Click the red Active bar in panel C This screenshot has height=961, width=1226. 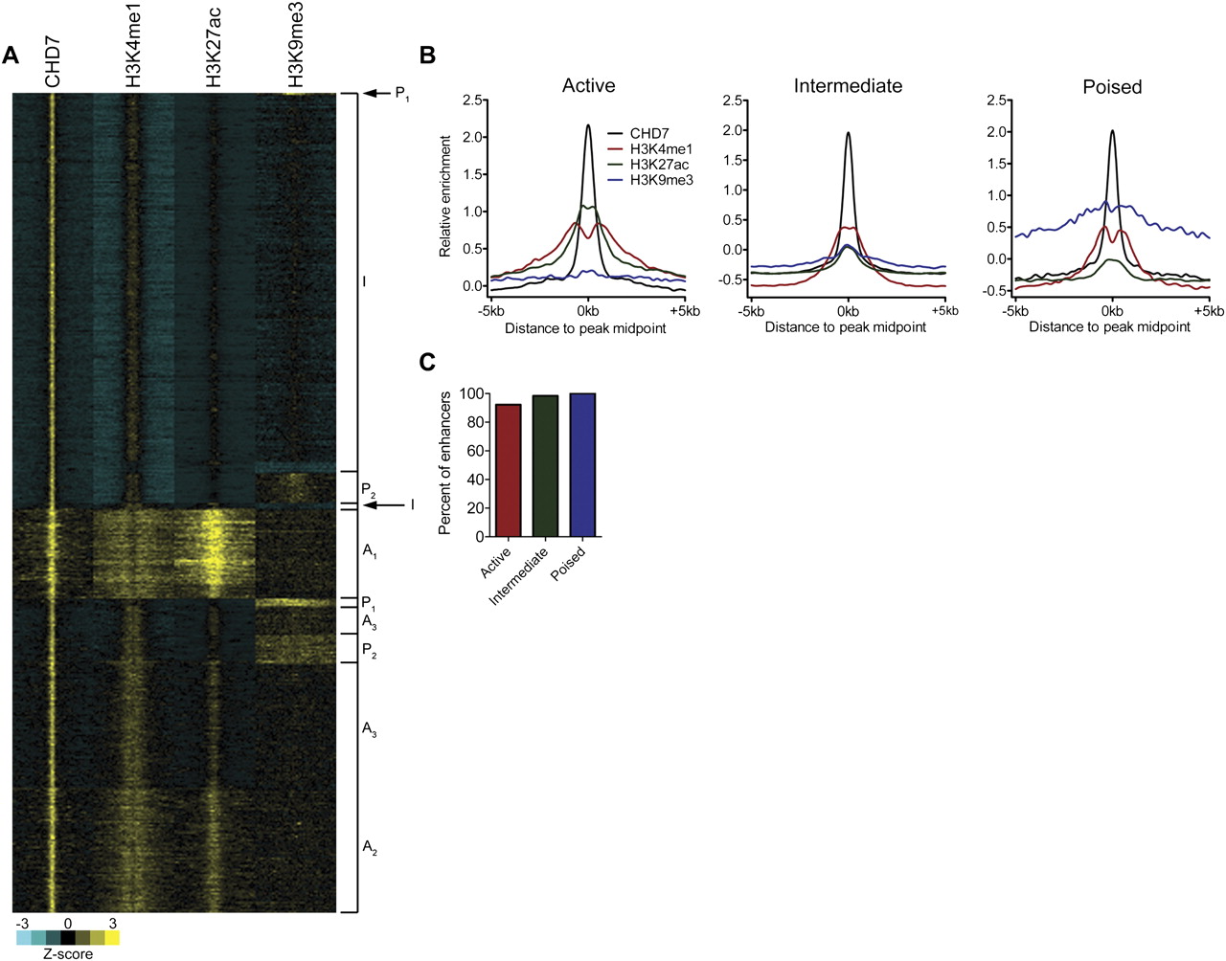pos(508,470)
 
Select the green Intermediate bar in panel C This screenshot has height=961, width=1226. pos(545,465)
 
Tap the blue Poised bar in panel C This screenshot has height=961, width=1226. pos(582,464)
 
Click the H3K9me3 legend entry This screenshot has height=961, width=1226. pos(661,180)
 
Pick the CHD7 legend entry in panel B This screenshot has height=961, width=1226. pos(649,134)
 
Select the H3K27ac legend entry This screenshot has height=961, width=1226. pos(659,165)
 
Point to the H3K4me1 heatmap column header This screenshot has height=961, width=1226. pos(134,46)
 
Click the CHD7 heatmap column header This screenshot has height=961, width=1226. pos(53,62)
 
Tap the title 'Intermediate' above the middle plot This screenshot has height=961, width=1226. pos(848,86)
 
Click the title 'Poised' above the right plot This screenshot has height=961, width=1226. pos(1112,87)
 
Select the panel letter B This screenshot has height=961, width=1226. pos(428,56)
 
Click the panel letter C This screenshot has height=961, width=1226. pos(428,362)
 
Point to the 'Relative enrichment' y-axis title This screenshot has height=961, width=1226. pos(445,196)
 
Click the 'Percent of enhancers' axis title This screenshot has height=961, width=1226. pos(445,462)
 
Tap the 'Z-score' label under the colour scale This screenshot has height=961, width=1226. pos(68,953)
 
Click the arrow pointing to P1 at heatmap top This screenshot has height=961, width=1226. pos(377,94)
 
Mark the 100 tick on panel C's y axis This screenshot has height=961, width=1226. pos(469,394)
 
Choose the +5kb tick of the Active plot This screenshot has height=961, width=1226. pos(685,311)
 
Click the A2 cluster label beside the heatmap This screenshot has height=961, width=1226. pos(370,847)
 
